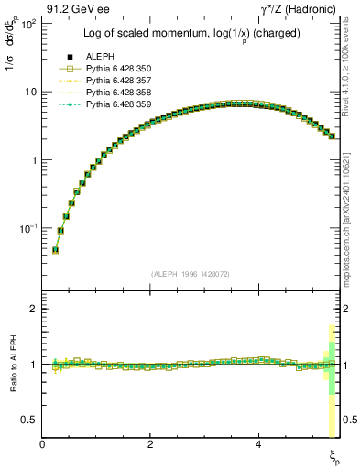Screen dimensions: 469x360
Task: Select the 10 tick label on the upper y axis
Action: tap(28, 92)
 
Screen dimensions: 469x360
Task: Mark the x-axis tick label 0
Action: tap(43, 444)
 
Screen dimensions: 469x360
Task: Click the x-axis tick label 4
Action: tap(258, 444)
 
